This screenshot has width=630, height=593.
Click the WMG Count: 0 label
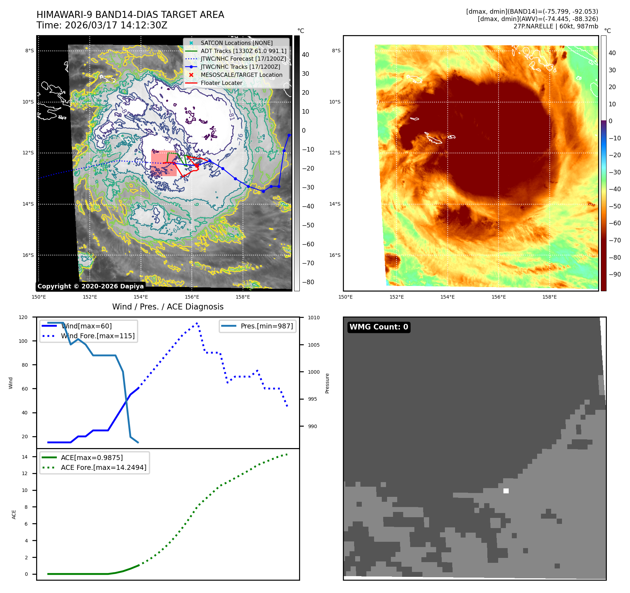pyautogui.click(x=379, y=327)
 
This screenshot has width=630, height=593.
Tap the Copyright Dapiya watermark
pyautogui.click(x=90, y=286)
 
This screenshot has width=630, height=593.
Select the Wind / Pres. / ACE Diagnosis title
pyautogui.click(x=168, y=307)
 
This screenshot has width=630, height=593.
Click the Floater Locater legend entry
pyautogui.click(x=221, y=83)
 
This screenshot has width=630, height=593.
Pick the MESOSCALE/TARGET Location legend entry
pyautogui.click(x=241, y=75)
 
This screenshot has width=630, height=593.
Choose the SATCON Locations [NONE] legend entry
pyautogui.click(x=236, y=43)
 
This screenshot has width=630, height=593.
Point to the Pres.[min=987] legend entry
pyautogui.click(x=266, y=326)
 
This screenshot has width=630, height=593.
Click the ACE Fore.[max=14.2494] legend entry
pyautogui.click(x=103, y=467)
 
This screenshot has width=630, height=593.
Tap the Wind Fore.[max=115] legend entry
pyautogui.click(x=97, y=336)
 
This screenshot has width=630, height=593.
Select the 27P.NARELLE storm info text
pyautogui.click(x=555, y=26)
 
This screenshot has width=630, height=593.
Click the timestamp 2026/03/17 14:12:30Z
pyautogui.click(x=116, y=26)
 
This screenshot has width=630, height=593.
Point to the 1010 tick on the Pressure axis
pyautogui.click(x=313, y=318)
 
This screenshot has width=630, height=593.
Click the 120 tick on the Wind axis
pyautogui.click(x=23, y=317)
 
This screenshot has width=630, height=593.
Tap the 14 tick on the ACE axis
pyautogui.click(x=25, y=457)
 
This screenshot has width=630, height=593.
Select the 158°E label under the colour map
pyautogui.click(x=549, y=297)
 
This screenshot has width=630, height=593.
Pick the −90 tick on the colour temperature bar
pyautogui.click(x=615, y=274)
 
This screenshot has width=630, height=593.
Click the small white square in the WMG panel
pyautogui.click(x=506, y=491)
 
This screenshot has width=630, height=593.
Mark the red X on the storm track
pyautogui.click(x=197, y=165)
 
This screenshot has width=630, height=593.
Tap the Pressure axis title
pyautogui.click(x=327, y=383)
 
